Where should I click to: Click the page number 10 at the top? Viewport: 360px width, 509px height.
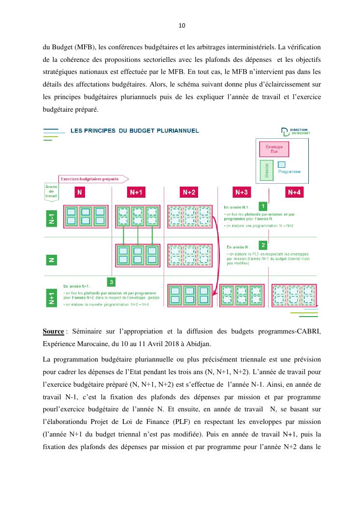click(182, 25)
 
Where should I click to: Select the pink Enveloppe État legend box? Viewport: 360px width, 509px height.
click(274, 148)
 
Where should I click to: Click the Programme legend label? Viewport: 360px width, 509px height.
click(289, 172)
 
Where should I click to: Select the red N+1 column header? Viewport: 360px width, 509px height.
click(136, 192)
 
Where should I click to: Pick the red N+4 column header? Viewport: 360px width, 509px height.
click(294, 192)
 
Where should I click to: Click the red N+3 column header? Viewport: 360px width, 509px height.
click(242, 192)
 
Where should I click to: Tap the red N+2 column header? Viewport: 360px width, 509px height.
click(189, 192)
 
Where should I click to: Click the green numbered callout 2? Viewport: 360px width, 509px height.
click(263, 245)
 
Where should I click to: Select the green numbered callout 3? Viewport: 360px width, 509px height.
click(112, 282)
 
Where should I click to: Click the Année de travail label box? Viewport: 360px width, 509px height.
click(51, 191)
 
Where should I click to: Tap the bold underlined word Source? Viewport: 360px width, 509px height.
click(53, 332)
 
